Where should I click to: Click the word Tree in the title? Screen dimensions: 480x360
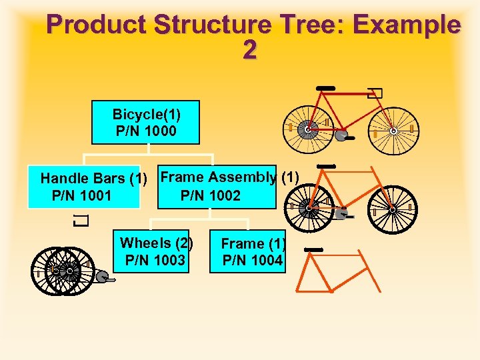(309, 25)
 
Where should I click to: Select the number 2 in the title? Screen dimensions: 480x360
(249, 51)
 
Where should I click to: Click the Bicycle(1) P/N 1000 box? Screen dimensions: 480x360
(146, 123)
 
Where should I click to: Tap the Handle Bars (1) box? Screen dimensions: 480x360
(84, 187)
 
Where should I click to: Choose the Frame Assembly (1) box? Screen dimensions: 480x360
(217, 187)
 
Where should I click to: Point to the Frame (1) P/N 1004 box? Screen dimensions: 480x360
(253, 252)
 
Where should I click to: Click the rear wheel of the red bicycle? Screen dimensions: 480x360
(307, 130)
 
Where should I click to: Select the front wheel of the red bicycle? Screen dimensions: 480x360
(393, 131)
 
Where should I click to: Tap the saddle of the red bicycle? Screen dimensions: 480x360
(326, 88)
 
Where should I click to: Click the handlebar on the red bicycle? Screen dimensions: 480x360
(375, 93)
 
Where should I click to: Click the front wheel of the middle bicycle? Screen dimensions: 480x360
(393, 209)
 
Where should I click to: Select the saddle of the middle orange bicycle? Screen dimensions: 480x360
(326, 166)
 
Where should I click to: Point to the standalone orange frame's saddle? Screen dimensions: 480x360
(313, 250)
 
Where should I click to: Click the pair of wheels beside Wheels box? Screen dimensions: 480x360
(64, 271)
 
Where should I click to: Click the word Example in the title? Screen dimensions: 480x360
(408, 25)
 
